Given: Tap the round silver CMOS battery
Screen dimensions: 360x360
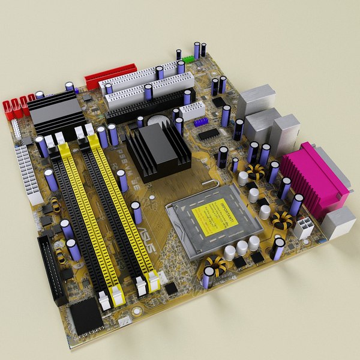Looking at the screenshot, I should coord(158,121).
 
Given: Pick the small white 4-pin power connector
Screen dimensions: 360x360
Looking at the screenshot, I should coord(304,227).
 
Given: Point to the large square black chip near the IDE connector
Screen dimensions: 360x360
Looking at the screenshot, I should coord(85,314).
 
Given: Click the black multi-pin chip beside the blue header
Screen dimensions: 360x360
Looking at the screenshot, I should coord(208,134).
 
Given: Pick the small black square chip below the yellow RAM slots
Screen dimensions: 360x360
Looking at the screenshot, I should coord(172,289).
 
